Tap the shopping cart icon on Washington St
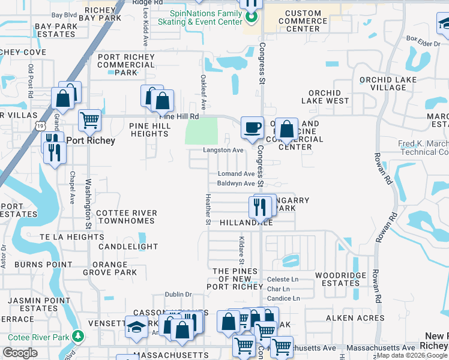pos(89,119)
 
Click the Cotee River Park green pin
pos(77,335)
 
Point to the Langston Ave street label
pos(223,150)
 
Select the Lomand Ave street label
pos(236,173)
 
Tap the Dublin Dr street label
pos(179,294)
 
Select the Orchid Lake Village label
pos(383,83)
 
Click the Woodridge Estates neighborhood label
pos(337,279)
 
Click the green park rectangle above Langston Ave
pos(202,131)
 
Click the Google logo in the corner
pos(20,353)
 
